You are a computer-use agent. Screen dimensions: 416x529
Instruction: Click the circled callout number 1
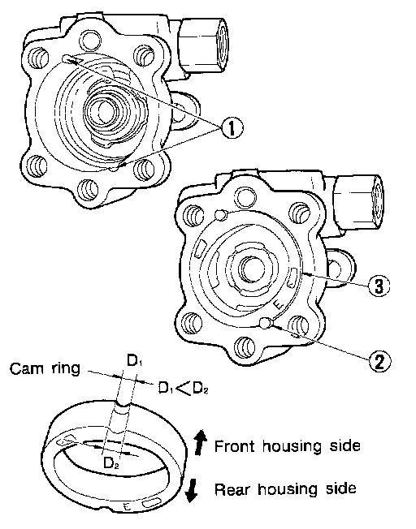click(x=232, y=128)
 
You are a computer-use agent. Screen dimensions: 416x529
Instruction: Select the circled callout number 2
click(x=379, y=362)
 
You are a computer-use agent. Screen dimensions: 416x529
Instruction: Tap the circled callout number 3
click(x=379, y=286)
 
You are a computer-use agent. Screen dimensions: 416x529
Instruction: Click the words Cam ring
click(x=45, y=368)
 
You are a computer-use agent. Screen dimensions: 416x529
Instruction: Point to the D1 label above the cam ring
click(x=134, y=361)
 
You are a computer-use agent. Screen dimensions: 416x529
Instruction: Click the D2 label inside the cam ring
click(x=111, y=463)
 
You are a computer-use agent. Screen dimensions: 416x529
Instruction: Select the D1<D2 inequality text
click(x=183, y=389)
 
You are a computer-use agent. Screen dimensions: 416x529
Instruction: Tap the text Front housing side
click(x=288, y=446)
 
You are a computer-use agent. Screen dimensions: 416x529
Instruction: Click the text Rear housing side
click(x=285, y=488)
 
